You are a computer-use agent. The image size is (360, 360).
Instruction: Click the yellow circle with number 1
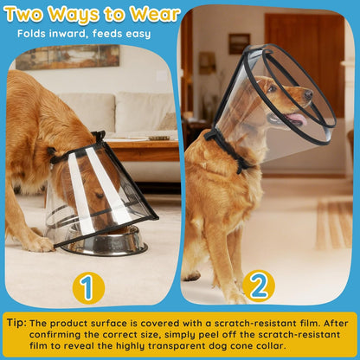pyautogui.click(x=87, y=287)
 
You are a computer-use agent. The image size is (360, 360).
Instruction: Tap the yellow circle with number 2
pyautogui.click(x=258, y=286)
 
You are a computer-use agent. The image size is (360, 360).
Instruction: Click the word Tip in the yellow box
pyautogui.click(x=16, y=323)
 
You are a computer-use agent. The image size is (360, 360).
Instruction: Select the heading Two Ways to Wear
pyautogui.click(x=92, y=14)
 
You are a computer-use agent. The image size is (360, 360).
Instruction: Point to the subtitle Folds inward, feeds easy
pyautogui.click(x=76, y=34)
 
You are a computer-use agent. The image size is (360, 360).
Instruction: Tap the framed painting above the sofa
pyautogui.click(x=67, y=57)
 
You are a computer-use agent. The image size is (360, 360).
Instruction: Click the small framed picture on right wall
pyautogui.click(x=239, y=43)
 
